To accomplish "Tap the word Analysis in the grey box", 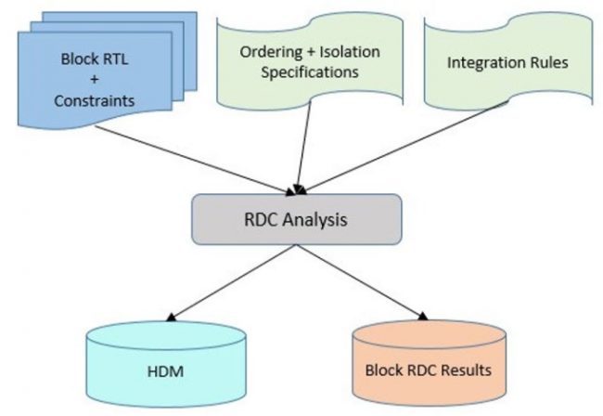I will pos(320,222).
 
